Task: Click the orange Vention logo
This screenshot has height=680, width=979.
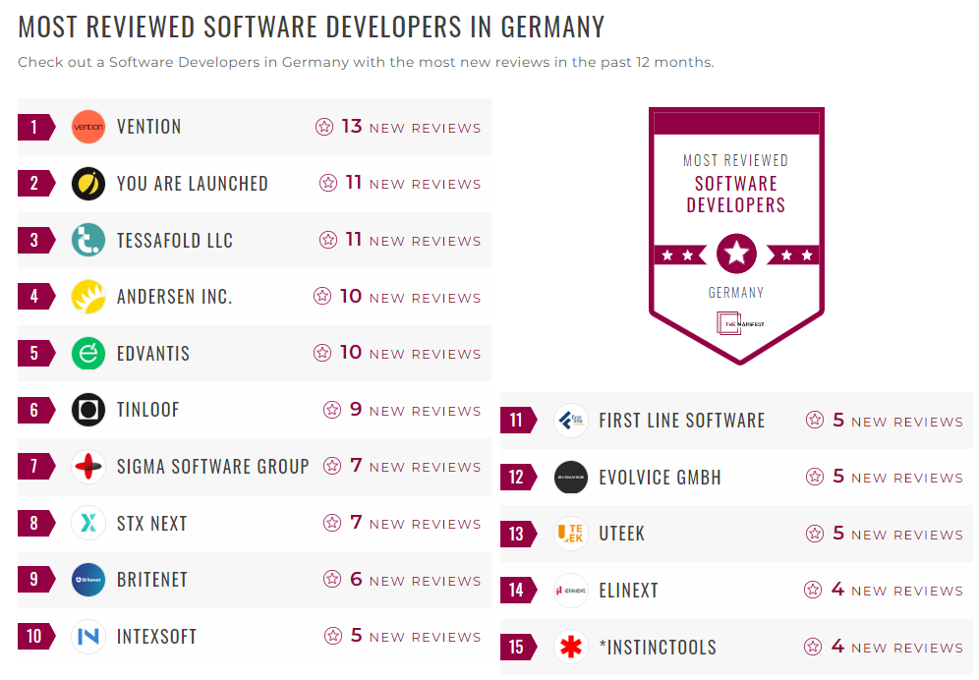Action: (x=88, y=127)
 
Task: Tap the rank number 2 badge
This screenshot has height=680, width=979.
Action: (x=34, y=184)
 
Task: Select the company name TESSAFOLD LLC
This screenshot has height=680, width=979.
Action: (x=175, y=241)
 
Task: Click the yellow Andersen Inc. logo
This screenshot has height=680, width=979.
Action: (x=88, y=297)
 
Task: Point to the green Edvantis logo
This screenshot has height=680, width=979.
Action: (x=88, y=354)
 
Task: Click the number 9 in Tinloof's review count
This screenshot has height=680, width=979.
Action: (x=356, y=410)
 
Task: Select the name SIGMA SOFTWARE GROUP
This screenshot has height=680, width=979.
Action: (x=212, y=467)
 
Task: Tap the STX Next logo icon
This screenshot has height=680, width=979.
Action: (x=88, y=523)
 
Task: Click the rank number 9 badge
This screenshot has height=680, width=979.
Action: (x=34, y=580)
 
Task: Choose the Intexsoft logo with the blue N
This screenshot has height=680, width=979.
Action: (x=88, y=637)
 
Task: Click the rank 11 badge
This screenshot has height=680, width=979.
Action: (x=517, y=421)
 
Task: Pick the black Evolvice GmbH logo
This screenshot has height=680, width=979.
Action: (x=571, y=478)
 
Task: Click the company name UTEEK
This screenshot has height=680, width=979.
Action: (x=621, y=535)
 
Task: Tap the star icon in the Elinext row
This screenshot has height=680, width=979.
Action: (x=813, y=590)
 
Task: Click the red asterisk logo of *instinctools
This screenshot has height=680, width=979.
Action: (x=571, y=647)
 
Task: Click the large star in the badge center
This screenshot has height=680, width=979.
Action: (x=736, y=255)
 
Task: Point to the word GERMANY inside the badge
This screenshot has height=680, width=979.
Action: (x=736, y=293)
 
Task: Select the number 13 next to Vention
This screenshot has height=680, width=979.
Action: (x=352, y=127)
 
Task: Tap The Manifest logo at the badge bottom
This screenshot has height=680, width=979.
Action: (x=736, y=323)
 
